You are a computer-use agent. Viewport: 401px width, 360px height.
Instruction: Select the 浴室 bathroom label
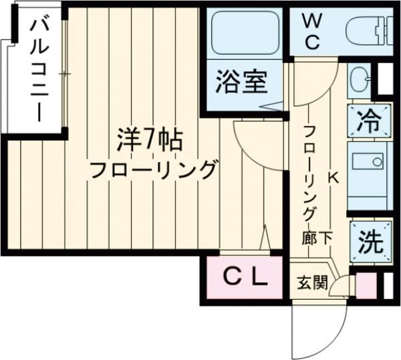(242, 82)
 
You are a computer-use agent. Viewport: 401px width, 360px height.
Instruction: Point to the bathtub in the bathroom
(245, 34)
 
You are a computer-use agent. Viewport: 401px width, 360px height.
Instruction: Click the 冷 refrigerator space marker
(368, 121)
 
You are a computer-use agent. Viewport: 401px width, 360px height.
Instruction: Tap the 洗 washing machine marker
(369, 241)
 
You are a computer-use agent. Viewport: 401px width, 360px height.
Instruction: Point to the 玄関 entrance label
(312, 283)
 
